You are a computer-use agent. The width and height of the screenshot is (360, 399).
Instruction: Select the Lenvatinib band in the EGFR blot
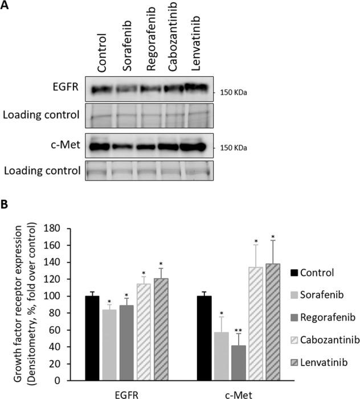coord(195,87)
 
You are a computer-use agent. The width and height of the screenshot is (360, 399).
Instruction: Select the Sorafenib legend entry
coord(321,294)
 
